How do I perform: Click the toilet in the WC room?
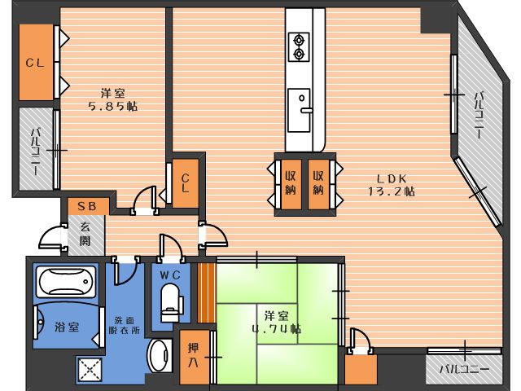171,303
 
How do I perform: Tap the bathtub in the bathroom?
66,281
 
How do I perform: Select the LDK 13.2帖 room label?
392,185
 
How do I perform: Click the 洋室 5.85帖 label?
113,99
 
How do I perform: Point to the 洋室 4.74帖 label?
277,323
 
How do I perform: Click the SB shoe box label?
87,206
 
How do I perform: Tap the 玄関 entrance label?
85,234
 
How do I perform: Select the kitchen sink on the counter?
299,110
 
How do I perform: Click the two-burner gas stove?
299,47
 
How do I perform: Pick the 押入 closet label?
193,355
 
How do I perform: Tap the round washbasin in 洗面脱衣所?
160,356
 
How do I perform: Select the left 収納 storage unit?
291,184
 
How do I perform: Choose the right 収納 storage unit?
318,184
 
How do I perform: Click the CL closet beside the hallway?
186,183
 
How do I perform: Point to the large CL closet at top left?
36,62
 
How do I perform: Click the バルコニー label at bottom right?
464,369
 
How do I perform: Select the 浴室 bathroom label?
67,327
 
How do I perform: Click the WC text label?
170,275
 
